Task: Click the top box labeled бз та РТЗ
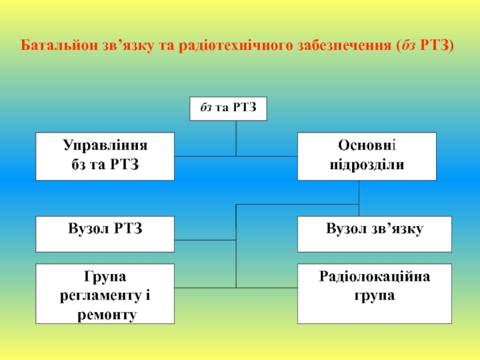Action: tap(228, 109)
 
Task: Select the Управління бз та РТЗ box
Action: tap(105, 156)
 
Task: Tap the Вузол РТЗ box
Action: tap(105, 234)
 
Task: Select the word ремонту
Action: tap(106, 314)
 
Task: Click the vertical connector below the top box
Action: tap(236, 138)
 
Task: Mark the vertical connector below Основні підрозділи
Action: tap(359, 192)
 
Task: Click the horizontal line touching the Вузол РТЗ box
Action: tap(205, 240)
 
